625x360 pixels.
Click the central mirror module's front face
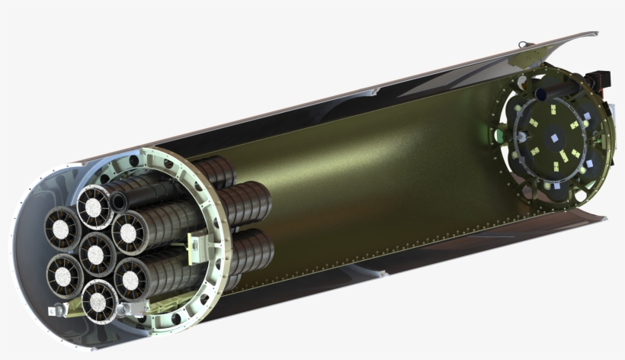[97, 254]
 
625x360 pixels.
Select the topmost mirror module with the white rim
[95, 207]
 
